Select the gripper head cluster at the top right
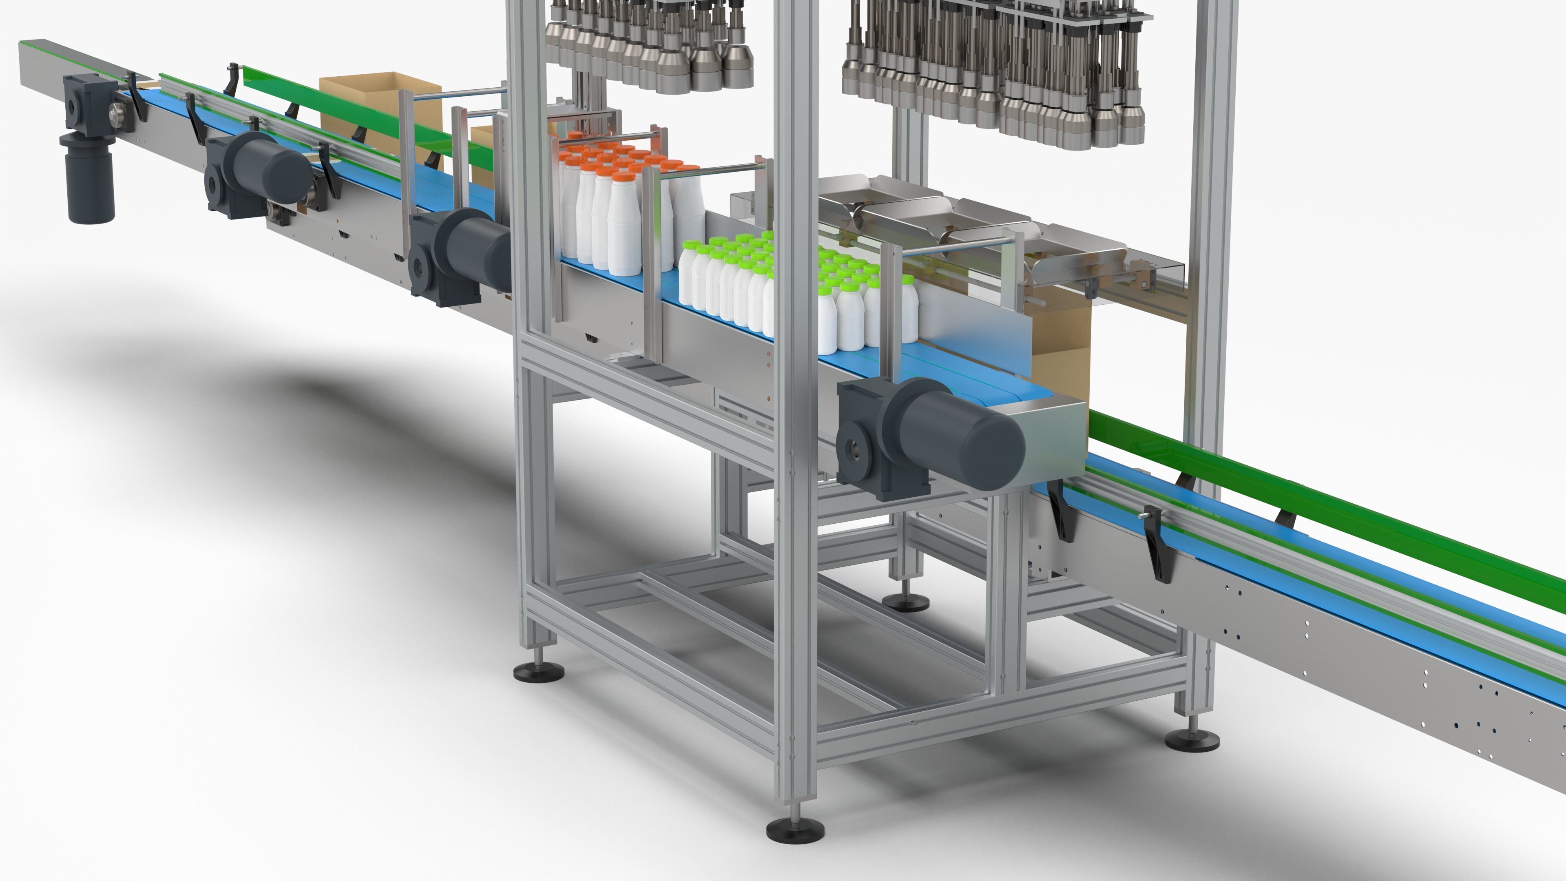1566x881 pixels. pos(997,73)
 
